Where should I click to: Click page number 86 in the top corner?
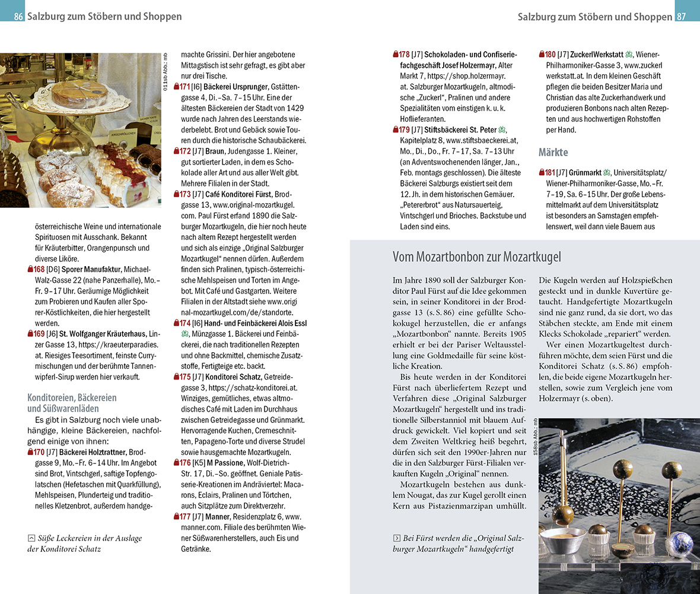click(x=18, y=17)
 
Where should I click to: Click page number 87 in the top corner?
click(x=681, y=17)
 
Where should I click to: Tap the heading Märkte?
click(x=553, y=153)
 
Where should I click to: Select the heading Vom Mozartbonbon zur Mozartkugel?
click(x=476, y=257)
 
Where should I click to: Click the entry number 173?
click(x=186, y=194)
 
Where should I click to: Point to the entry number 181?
click(x=550, y=173)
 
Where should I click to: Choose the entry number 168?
click(x=40, y=270)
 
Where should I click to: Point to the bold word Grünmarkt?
click(x=586, y=173)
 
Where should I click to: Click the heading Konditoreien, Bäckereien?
click(x=72, y=397)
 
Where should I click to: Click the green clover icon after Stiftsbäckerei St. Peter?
click(x=502, y=130)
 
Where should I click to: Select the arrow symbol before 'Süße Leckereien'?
click(x=31, y=538)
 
